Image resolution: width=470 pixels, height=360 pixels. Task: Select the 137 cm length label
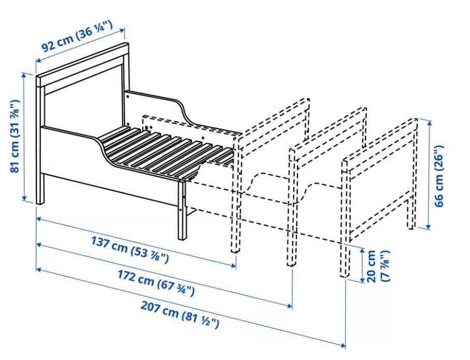[x=130, y=250]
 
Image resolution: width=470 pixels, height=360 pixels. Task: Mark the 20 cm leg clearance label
[x=377, y=266]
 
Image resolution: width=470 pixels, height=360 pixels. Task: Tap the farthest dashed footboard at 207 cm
[x=345, y=218]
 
